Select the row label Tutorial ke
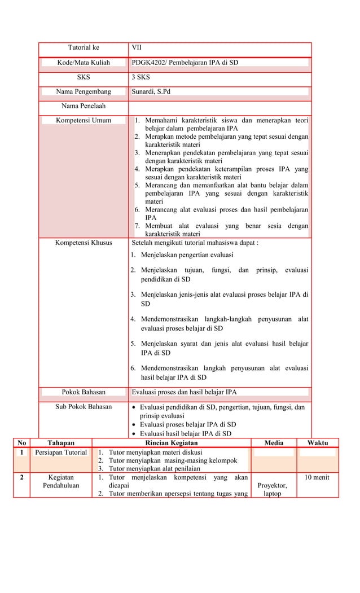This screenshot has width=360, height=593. click(x=84, y=47)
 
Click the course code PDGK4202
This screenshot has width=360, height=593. click(x=148, y=63)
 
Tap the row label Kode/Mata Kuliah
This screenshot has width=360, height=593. click(x=84, y=63)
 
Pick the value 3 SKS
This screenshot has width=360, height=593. click(x=141, y=77)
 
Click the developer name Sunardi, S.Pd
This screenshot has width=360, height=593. click(x=151, y=92)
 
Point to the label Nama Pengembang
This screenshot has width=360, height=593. click(x=84, y=92)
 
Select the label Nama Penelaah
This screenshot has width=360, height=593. click(x=84, y=106)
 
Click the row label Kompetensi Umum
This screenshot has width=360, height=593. click(x=84, y=120)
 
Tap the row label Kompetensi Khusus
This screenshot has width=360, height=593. click(x=84, y=243)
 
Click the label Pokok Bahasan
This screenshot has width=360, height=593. click(x=84, y=392)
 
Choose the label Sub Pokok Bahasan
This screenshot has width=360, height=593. click(x=84, y=407)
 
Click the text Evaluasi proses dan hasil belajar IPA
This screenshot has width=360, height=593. click(x=184, y=392)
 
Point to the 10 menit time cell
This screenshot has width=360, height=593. click(x=318, y=477)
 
